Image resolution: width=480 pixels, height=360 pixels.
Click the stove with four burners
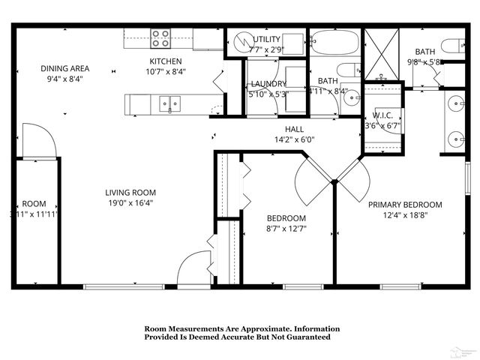point(160,37)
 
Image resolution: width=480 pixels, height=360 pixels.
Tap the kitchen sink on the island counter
point(170,103)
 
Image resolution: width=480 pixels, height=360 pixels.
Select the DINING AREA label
point(64,68)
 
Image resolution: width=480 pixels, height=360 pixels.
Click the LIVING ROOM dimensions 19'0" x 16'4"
point(130,202)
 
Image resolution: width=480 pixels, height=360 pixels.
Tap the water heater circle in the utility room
point(241,41)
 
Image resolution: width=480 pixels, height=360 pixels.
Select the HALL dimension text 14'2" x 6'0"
point(288,139)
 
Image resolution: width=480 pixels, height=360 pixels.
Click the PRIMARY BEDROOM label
point(404,204)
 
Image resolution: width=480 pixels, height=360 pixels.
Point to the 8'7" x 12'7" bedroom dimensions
point(286,229)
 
